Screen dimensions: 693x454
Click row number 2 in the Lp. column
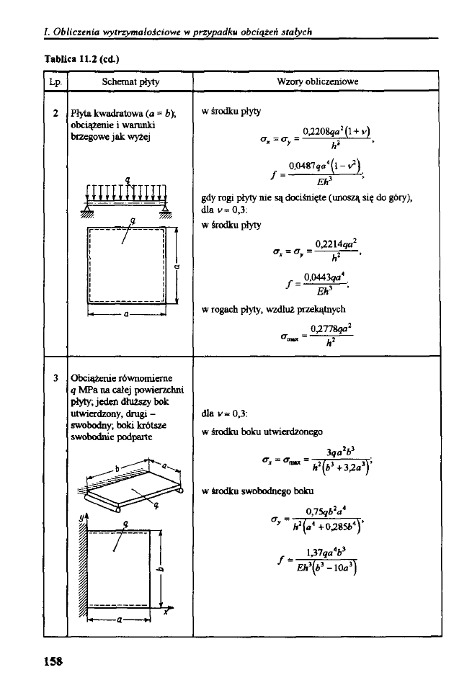click(x=55, y=112)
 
